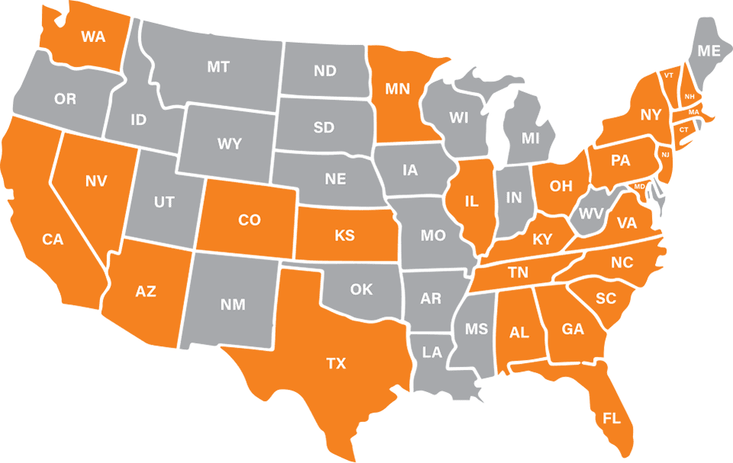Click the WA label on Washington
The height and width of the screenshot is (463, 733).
92,36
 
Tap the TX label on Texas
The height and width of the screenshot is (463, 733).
336,364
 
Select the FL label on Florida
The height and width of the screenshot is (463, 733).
612,419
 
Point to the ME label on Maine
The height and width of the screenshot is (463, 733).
709,51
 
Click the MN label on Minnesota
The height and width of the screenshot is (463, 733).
398,88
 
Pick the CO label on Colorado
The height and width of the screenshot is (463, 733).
249,220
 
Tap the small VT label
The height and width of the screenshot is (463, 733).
669,76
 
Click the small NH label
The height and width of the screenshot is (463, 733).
689,96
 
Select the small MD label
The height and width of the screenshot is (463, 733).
640,186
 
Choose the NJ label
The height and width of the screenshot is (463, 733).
665,155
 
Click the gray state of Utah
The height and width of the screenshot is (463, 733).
163,202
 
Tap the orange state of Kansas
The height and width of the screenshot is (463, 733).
344,236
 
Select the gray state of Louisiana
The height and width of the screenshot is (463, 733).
432,352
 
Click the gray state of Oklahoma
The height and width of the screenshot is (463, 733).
361,289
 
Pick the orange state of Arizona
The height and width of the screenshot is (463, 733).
145,291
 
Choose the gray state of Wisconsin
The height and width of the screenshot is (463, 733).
459,118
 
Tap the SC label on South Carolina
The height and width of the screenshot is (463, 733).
605,299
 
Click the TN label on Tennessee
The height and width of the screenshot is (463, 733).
519,271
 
